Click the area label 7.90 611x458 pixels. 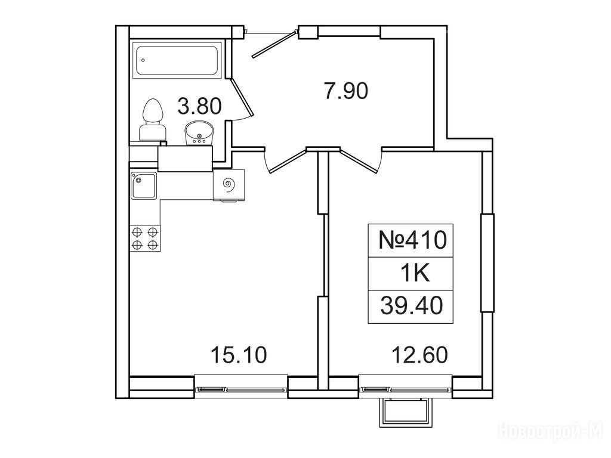pos(346,92)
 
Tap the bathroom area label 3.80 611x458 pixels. pos(199,106)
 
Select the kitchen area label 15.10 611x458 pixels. pos(239,355)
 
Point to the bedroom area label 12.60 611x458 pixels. pos(419,355)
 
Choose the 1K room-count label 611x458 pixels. pos(415,274)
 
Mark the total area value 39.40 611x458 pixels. pos(412,306)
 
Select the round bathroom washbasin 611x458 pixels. pos(199,133)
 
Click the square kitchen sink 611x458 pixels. pos(143,186)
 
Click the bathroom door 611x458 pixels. pos(242,97)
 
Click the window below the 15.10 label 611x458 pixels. pos(241,388)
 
